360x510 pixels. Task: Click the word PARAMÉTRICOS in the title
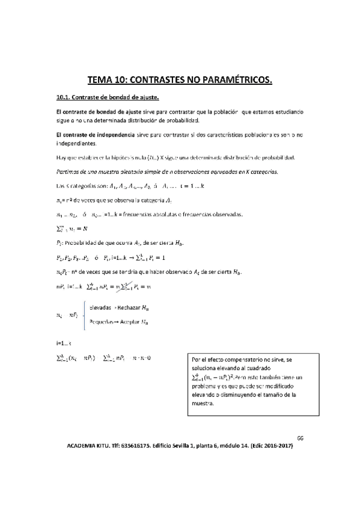(232, 79)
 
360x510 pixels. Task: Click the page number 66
(301, 438)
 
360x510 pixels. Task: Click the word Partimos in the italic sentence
(66, 171)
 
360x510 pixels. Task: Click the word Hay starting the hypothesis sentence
(59, 158)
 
